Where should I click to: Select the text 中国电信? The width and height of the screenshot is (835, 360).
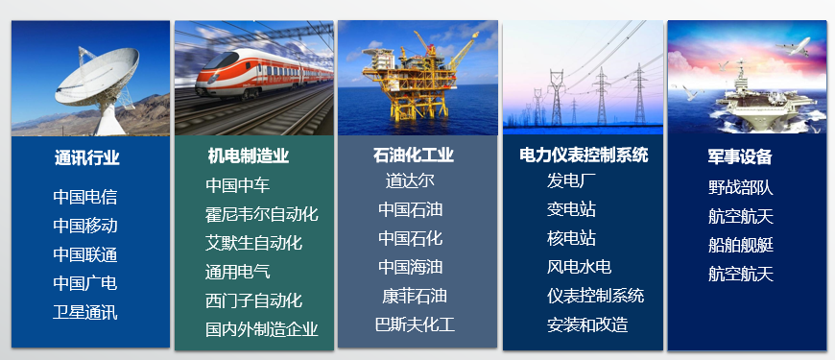pos(85,198)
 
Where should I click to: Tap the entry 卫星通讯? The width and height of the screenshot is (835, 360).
pos(85,312)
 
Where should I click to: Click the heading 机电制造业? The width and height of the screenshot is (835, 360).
pos(248,156)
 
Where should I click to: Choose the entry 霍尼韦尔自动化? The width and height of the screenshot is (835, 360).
pos(261,214)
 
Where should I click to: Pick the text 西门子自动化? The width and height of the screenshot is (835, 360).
pos(253,300)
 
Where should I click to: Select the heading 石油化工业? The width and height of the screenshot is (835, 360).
pos(414,155)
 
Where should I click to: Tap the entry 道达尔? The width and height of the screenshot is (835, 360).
pos(410,180)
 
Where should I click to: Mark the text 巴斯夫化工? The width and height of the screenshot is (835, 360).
pos(415,324)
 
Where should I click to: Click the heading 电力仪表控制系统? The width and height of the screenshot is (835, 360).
pos(584,155)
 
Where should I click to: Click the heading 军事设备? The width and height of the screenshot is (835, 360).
pos(740,156)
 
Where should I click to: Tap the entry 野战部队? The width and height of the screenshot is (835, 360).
pos(740,188)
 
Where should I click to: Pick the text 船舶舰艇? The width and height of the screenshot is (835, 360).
pos(740,245)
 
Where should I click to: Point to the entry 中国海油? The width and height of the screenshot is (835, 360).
pos(410,267)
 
